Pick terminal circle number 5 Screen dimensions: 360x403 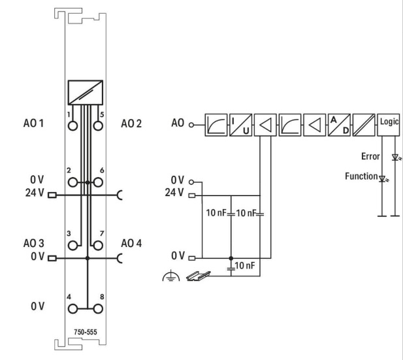(x=99, y=125)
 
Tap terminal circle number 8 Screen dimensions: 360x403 (x=99, y=305)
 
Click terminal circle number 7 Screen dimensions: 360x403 (x=99, y=244)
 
